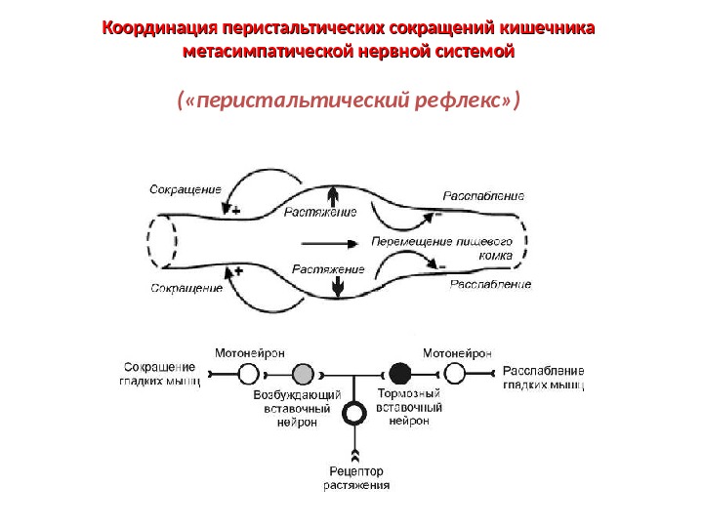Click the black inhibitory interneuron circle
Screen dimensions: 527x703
coord(398,373)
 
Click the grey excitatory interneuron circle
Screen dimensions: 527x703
coord(304,373)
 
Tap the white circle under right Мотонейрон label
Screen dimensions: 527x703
coord(453,373)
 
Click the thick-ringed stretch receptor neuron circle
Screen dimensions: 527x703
coord(355,413)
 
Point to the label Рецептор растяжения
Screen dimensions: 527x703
coord(356,476)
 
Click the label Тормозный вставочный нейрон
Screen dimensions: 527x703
coord(409,407)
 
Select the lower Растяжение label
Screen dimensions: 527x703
coord(328,268)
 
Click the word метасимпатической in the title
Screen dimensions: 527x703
coord(266,50)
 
